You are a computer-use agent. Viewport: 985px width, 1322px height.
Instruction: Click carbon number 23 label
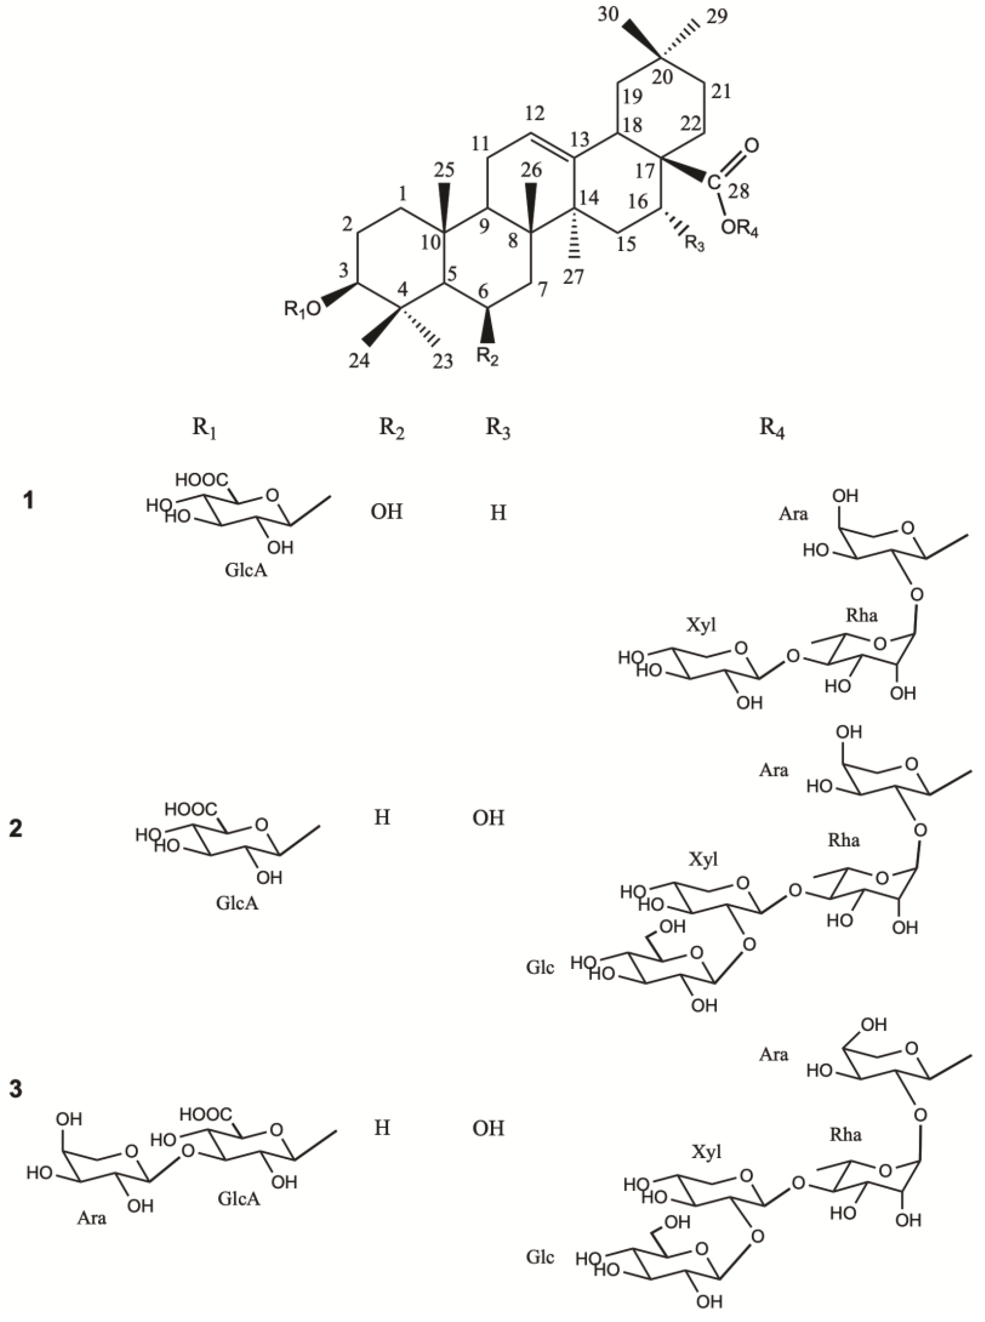[x=442, y=361]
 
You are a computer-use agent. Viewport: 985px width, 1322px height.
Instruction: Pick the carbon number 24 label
[x=358, y=361]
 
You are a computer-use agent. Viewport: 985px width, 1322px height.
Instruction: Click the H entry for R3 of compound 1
[x=498, y=513]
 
